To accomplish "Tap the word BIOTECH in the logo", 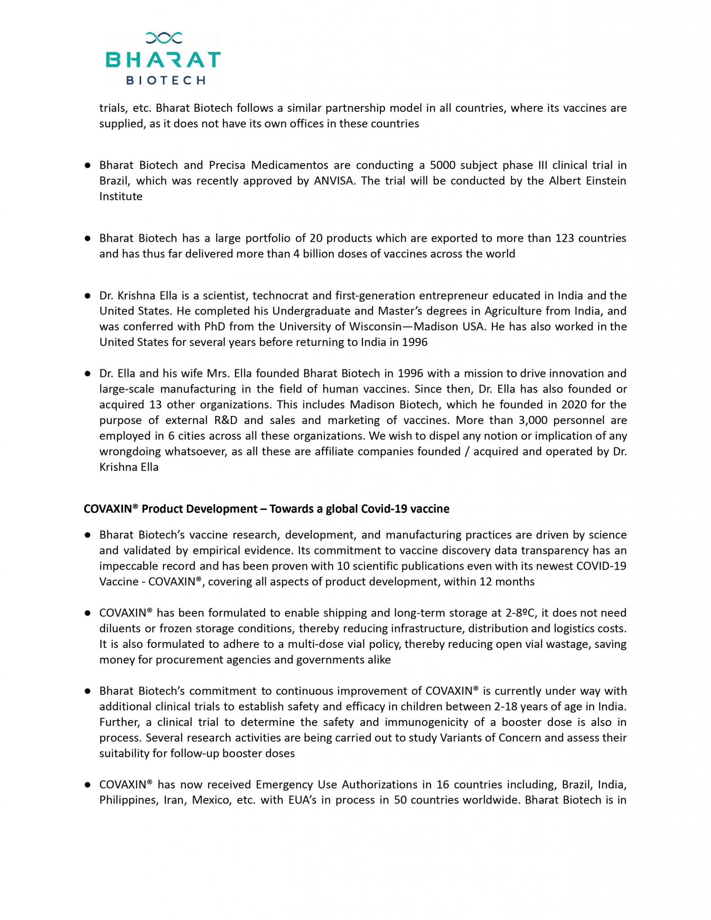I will coord(166,80).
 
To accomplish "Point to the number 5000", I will coord(443,165).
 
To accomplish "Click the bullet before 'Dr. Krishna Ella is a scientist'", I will coord(88,296).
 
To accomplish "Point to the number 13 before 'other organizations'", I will coord(153,405).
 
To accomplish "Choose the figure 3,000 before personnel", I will coord(534,420).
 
